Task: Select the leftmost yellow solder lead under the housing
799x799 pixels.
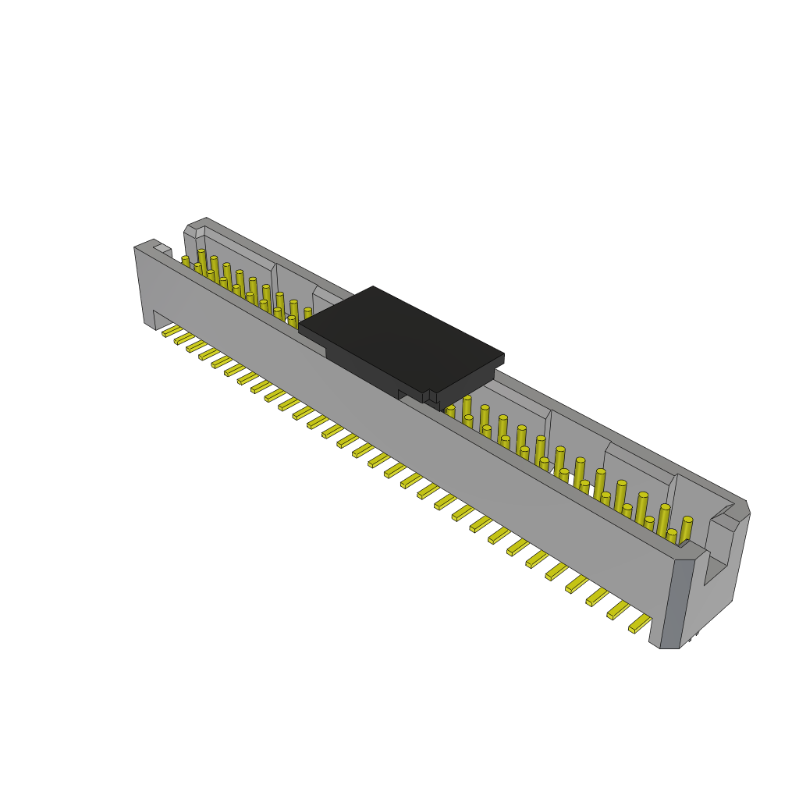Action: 172,331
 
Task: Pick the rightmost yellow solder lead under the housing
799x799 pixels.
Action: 640,623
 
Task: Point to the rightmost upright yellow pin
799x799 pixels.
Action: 686,531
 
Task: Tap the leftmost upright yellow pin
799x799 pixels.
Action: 186,261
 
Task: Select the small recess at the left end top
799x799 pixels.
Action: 162,249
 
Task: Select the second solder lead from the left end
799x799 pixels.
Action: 184,339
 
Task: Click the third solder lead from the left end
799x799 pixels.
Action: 197,346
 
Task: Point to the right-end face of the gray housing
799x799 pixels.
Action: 714,577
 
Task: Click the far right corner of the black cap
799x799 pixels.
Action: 503,357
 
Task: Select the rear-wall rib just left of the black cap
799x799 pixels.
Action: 315,295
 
